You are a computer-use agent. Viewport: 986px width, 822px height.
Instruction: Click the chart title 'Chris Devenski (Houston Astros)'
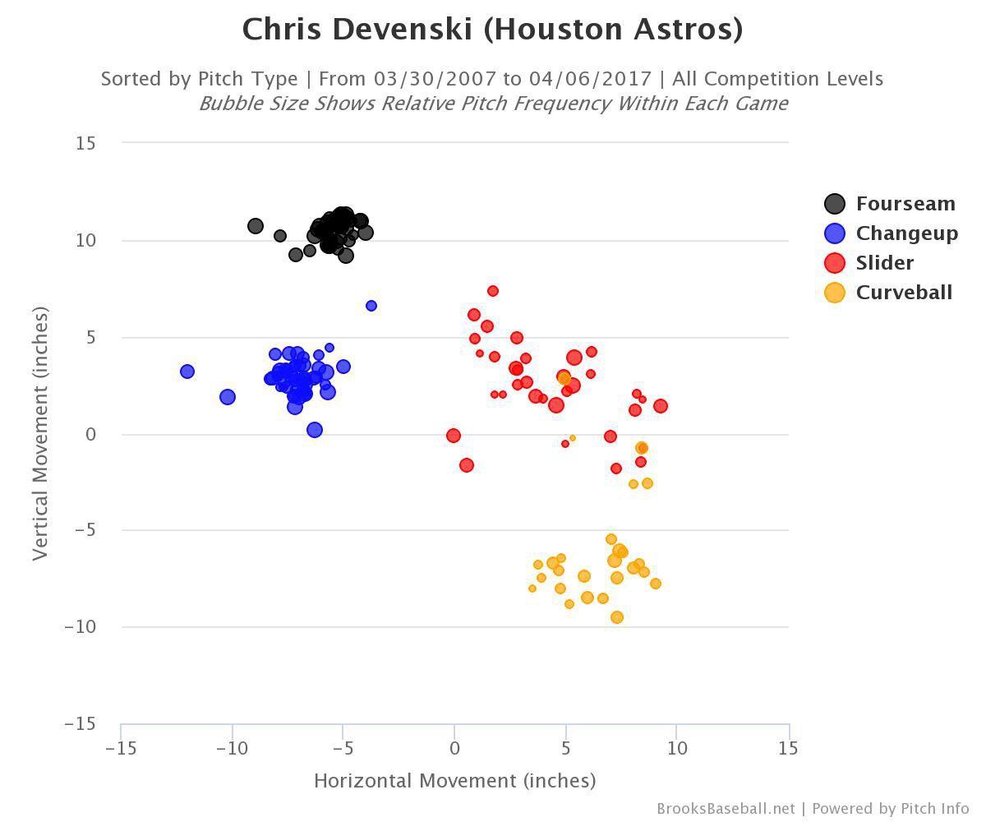pos(492,30)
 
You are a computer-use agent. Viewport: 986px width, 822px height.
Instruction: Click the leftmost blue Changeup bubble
pos(187,372)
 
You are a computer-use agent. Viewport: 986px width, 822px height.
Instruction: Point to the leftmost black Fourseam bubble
pos(256,226)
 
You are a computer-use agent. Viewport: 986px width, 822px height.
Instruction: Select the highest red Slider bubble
pos(493,291)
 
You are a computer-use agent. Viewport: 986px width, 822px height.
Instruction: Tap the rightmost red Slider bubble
pos(661,406)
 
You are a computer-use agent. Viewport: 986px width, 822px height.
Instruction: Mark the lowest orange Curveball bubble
pos(617,617)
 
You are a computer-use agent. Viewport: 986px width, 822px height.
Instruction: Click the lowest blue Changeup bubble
pos(315,430)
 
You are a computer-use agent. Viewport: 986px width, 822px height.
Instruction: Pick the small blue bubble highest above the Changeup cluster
pos(371,306)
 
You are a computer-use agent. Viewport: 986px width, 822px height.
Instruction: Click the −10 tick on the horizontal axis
pos(232,749)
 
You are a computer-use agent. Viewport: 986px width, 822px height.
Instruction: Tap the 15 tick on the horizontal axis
pos(788,749)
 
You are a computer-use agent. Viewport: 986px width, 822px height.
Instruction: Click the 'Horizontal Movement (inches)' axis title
pos(454,780)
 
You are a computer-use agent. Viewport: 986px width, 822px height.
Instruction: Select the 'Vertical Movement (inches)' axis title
pos(40,434)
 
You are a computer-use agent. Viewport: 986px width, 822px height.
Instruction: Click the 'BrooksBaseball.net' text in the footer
pos(726,809)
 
